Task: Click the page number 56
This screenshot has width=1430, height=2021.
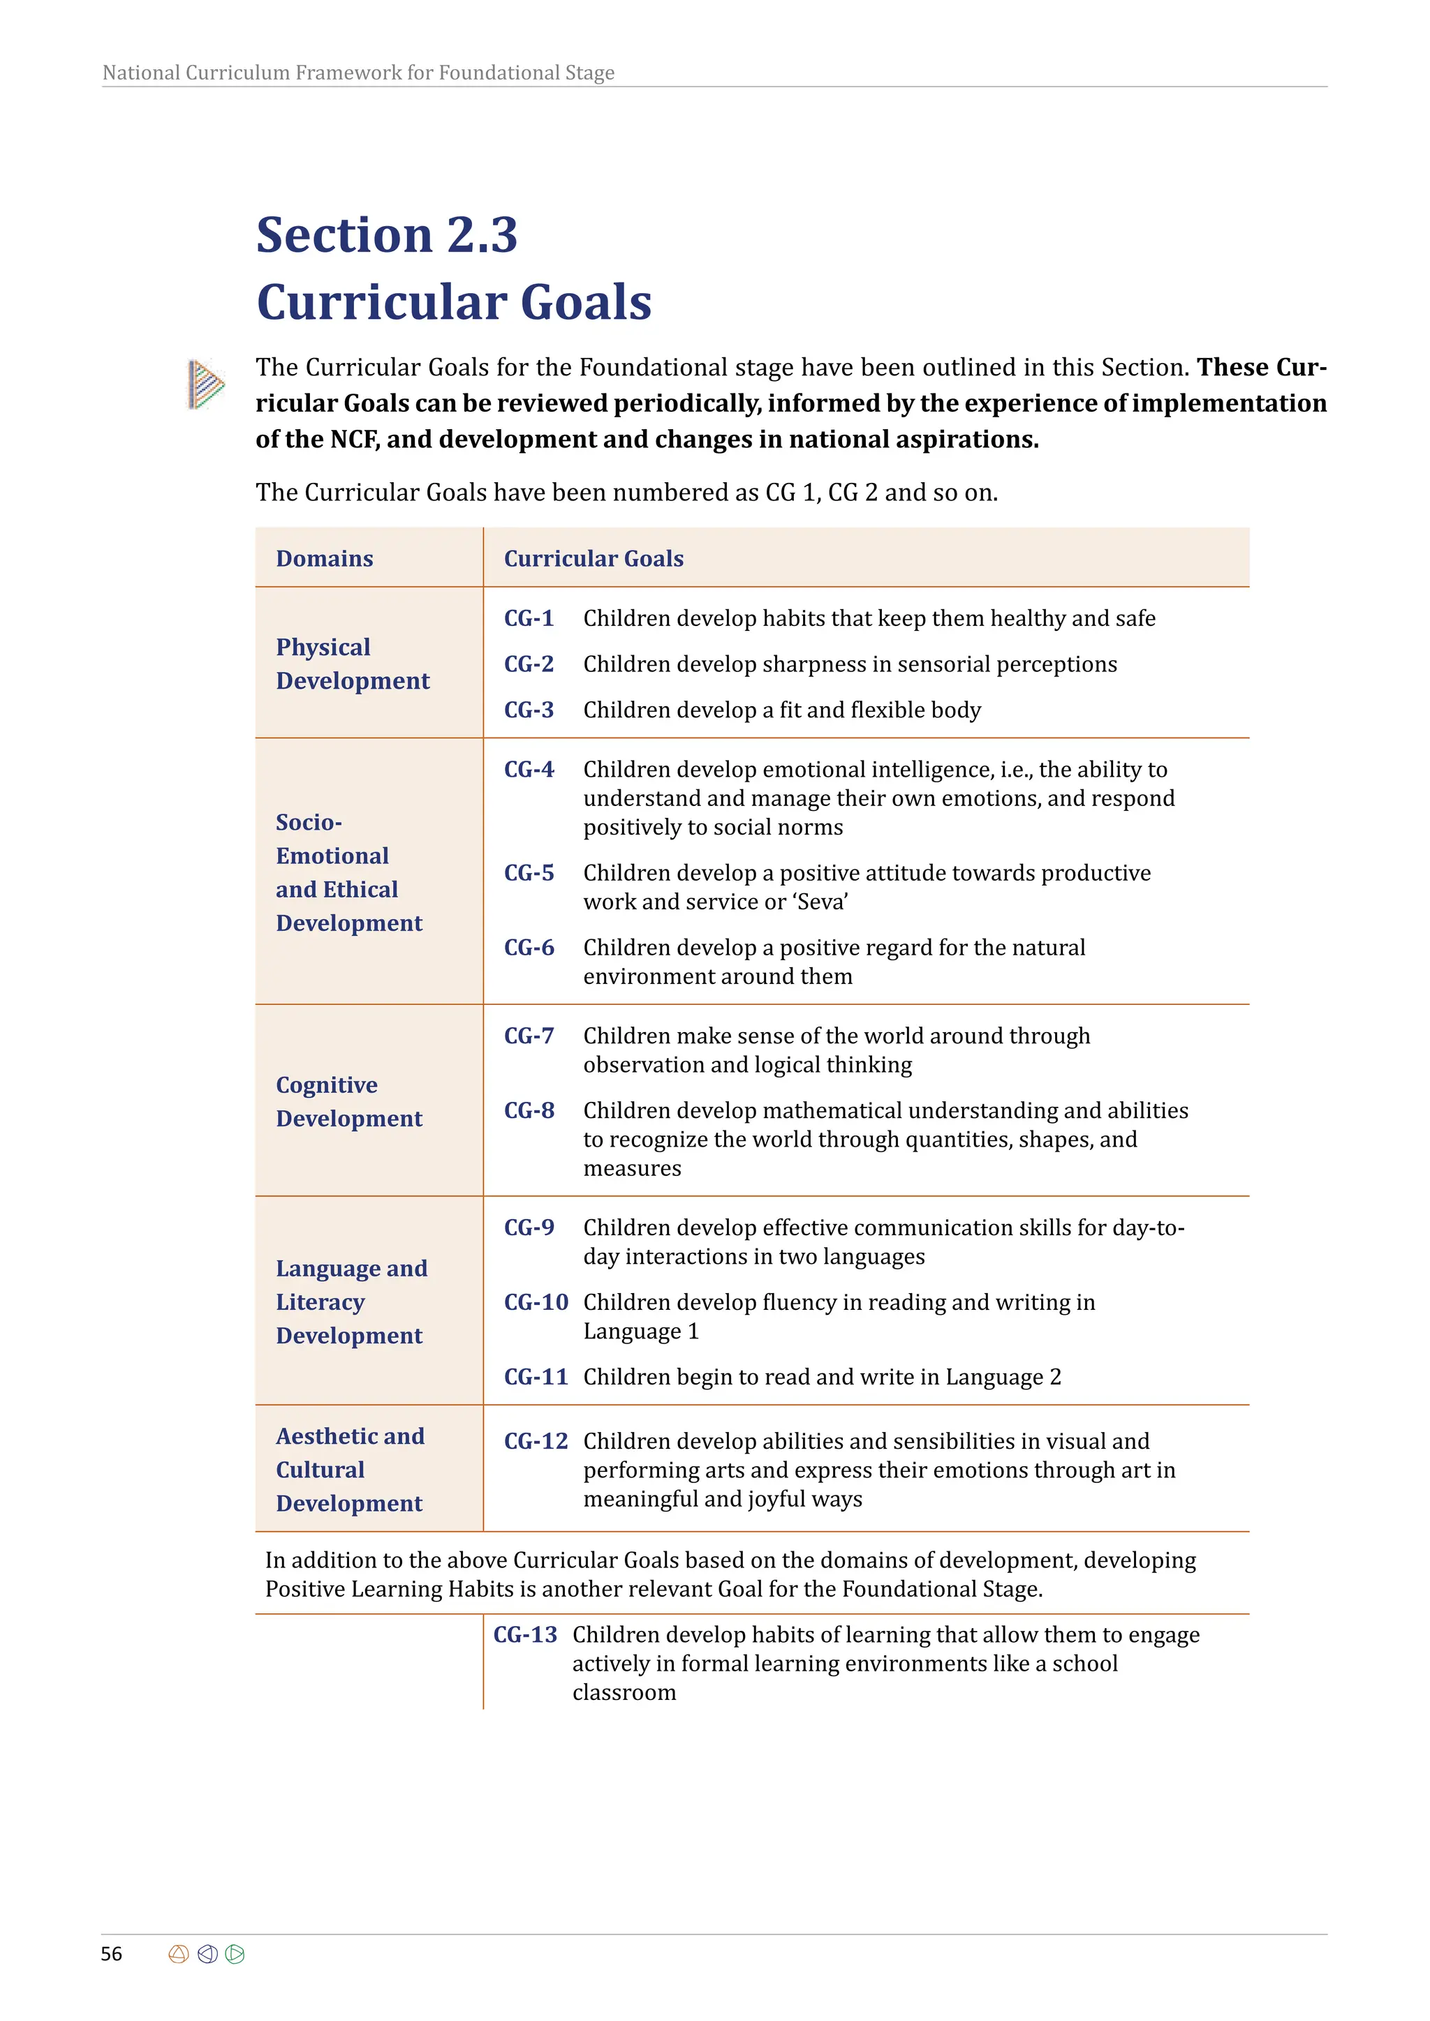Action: click(x=111, y=1953)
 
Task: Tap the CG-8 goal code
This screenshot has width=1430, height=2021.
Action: click(x=529, y=1110)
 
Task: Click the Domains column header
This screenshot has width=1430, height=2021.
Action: click(x=324, y=558)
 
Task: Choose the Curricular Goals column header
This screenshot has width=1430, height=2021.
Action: click(x=594, y=558)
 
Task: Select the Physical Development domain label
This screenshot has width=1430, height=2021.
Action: click(x=352, y=664)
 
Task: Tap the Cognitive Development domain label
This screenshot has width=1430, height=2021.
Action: click(x=348, y=1101)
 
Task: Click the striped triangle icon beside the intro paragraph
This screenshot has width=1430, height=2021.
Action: click(x=206, y=385)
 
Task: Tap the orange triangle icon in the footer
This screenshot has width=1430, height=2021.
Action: click(x=178, y=1954)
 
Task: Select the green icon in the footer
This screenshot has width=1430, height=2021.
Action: click(x=235, y=1954)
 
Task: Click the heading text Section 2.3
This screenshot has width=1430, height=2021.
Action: click(x=387, y=235)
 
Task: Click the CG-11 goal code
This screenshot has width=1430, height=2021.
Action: click(x=536, y=1377)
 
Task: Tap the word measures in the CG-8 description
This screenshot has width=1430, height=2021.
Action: click(x=632, y=1168)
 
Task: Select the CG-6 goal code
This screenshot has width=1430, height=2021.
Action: click(x=529, y=947)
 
